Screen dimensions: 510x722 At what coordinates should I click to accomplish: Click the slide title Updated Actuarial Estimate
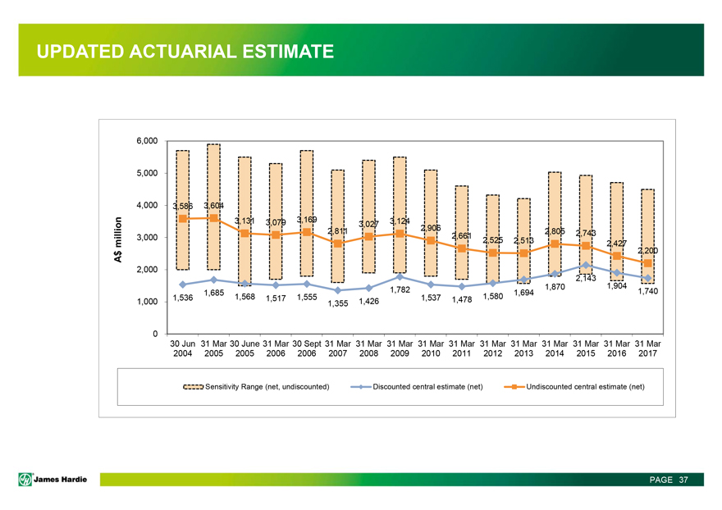coord(185,52)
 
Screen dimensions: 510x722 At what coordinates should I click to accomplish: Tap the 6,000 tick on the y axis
coord(146,141)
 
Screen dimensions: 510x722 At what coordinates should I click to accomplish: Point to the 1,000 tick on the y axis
coord(146,302)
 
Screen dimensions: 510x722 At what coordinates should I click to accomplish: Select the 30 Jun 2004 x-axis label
coord(182,348)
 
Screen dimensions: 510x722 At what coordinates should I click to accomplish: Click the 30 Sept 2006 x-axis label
coord(307,348)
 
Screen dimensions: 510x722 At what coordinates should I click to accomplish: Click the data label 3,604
coord(217,205)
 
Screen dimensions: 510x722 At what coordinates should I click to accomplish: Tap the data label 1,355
coord(338,305)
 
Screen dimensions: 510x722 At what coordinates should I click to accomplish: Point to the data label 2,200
coord(647,250)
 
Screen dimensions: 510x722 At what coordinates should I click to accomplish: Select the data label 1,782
coord(400,289)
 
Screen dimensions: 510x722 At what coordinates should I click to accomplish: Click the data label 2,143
coord(585,279)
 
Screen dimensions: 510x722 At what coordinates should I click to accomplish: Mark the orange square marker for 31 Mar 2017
coord(647,263)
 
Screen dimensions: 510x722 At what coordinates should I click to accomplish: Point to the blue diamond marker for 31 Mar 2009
coord(400,276)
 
